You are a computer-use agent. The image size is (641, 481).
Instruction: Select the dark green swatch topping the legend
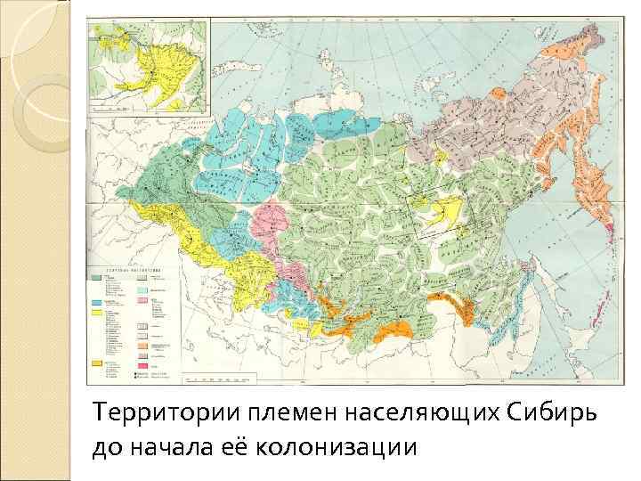96,279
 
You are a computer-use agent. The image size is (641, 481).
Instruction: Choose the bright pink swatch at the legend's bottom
142,366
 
